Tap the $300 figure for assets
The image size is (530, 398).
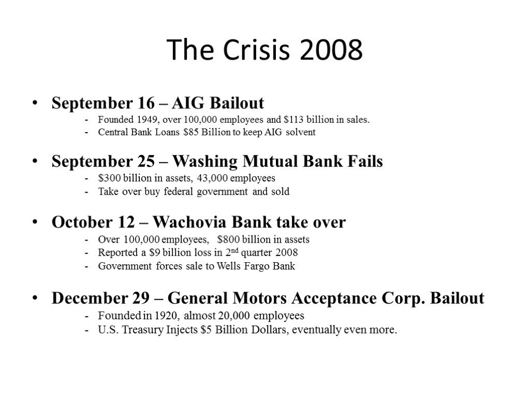[x=109, y=179]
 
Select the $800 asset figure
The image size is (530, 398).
[x=228, y=240]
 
